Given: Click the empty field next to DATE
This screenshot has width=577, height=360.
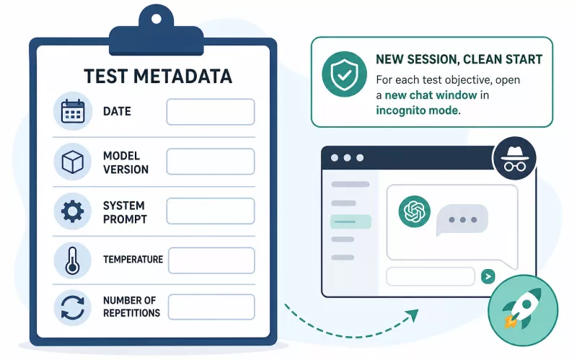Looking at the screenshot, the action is point(211,112).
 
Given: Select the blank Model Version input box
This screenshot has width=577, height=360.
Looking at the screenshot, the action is point(211,162).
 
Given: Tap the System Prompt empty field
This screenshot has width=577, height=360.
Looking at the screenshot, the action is point(211,211).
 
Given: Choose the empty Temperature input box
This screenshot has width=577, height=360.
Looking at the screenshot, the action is point(211,260).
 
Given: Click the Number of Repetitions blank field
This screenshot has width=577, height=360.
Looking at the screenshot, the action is point(211,307).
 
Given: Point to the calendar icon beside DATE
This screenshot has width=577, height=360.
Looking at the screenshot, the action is point(73,111).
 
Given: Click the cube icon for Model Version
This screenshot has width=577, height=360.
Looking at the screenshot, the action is point(73,162).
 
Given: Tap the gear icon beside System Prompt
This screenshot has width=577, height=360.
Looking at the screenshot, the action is point(73,211).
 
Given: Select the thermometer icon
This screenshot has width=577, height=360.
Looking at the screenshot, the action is point(73,260).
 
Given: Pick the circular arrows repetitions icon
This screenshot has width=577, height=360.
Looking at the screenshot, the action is point(73,307).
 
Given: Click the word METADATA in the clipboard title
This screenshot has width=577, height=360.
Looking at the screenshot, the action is point(182,76).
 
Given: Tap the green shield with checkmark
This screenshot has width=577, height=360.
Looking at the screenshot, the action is point(344,74).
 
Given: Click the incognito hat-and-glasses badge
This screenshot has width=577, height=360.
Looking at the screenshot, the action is point(514,158).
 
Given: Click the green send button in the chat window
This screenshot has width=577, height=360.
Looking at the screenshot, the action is point(488,276).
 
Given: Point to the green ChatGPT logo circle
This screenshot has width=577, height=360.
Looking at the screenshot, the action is point(414,211).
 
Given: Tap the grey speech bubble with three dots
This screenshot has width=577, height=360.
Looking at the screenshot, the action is point(462,220).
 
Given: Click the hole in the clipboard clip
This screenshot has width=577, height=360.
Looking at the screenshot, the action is point(157,19).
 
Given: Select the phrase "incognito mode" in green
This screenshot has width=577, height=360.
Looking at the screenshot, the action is point(417,110).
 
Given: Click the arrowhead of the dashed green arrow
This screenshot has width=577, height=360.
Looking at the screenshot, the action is point(413,315).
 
